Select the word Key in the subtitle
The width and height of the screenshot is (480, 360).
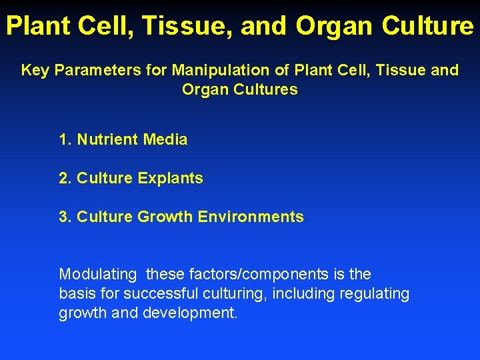pyautogui.click(x=35, y=70)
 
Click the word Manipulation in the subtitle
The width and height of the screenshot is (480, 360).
pyautogui.click(x=207, y=70)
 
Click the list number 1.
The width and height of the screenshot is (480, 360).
pyautogui.click(x=65, y=140)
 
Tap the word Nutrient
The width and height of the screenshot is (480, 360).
pyautogui.click(x=106, y=140)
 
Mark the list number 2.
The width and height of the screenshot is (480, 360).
pyautogui.click(x=65, y=179)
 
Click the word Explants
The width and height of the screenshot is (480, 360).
pyautogui.click(x=170, y=179)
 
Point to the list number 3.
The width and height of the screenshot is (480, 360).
pyautogui.click(x=65, y=217)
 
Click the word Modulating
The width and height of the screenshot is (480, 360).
pyautogui.click(x=98, y=275)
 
